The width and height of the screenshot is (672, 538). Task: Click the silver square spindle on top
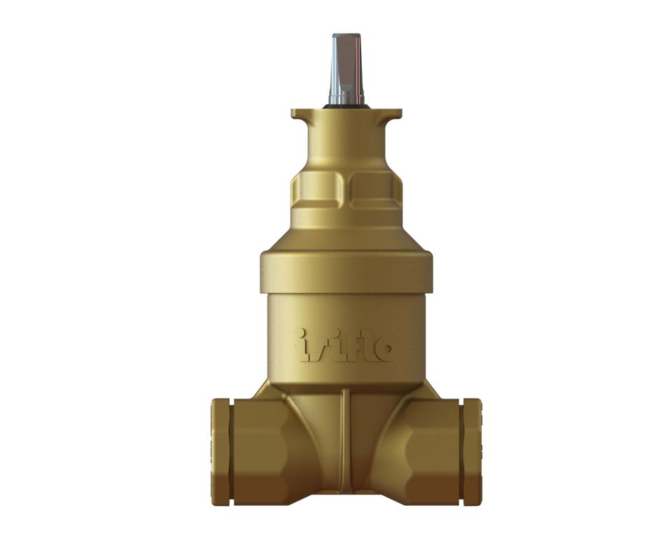346,68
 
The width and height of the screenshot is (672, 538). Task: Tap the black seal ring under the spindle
346,106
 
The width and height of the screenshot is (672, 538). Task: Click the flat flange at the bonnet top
346,113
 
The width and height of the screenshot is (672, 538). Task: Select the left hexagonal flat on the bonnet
318,191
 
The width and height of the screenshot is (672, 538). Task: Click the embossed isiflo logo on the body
344,345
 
